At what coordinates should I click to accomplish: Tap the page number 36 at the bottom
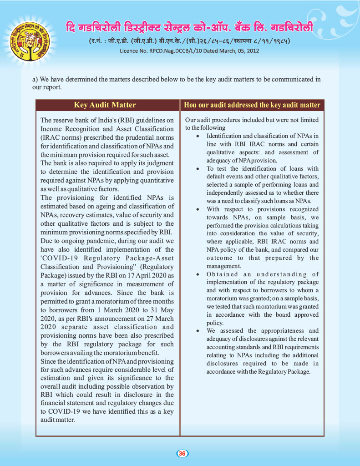click(x=182, y=453)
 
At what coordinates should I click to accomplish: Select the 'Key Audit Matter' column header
click(x=105, y=105)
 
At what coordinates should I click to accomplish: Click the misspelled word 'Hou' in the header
click(x=191, y=105)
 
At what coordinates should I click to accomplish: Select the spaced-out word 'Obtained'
click(x=222, y=274)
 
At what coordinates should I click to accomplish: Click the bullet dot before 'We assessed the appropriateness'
click(x=197, y=331)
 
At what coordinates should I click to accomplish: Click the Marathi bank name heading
click(x=189, y=27)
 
